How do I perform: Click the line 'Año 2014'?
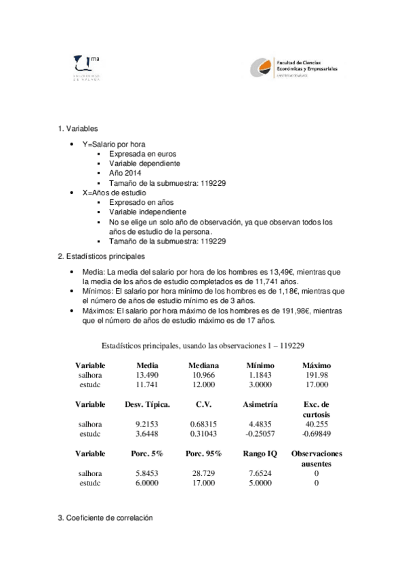coord(124,173)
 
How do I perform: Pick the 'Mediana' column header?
coord(204,365)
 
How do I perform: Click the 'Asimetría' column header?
coord(260,404)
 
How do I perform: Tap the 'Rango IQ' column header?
coord(260,453)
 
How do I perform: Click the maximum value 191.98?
coord(317,375)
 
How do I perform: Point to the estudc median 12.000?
coord(204,384)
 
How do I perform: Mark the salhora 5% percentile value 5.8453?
coord(147,473)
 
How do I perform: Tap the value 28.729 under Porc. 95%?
coord(204,473)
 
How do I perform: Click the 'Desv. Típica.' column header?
coord(147,404)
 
